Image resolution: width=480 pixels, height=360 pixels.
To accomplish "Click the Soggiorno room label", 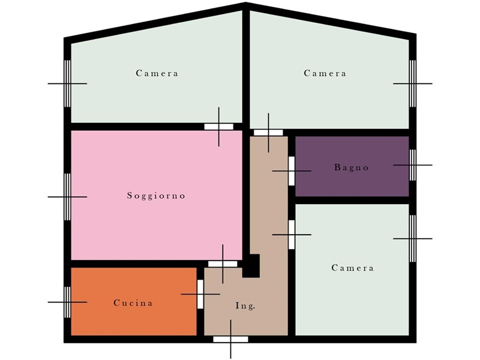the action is pyautogui.click(x=156, y=196).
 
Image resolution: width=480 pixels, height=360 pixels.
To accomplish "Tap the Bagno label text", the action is pyautogui.click(x=352, y=167).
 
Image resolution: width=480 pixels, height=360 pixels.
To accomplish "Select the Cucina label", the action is pyautogui.click(x=133, y=303).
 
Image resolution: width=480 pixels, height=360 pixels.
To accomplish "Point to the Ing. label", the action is pyautogui.click(x=245, y=305).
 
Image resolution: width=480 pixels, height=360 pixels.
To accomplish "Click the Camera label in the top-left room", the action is pyautogui.click(x=157, y=73).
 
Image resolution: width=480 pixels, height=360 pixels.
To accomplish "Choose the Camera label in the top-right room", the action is pyautogui.click(x=325, y=73).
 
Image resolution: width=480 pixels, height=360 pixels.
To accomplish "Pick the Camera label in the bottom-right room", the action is pyautogui.click(x=352, y=268).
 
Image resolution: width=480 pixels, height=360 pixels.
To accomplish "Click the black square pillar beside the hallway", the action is pyautogui.click(x=251, y=266).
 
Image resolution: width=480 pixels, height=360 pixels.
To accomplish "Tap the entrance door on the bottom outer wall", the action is pyautogui.click(x=230, y=339).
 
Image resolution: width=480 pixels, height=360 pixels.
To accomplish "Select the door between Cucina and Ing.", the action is pyautogui.click(x=200, y=294).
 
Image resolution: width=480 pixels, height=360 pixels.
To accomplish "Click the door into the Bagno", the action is pyautogui.click(x=292, y=171).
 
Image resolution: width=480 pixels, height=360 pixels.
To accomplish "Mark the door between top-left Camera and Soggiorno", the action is pyautogui.click(x=219, y=127).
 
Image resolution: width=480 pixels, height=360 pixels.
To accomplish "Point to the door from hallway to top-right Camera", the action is pyautogui.click(x=268, y=133).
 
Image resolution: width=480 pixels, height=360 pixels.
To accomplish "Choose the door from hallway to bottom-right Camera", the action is pyautogui.click(x=292, y=235).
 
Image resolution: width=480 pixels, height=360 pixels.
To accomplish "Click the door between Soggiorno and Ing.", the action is pyautogui.click(x=223, y=264).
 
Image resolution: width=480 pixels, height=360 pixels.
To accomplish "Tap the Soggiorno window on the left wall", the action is pyautogui.click(x=67, y=197).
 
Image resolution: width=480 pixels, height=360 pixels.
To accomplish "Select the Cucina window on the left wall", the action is pyautogui.click(x=67, y=302).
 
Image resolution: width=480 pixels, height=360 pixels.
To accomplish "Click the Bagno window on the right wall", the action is pyautogui.click(x=413, y=165).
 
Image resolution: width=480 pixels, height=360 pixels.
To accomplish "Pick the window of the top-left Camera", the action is pyautogui.click(x=67, y=83).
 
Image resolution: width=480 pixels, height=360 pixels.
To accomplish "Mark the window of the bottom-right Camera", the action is pyautogui.click(x=413, y=238).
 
